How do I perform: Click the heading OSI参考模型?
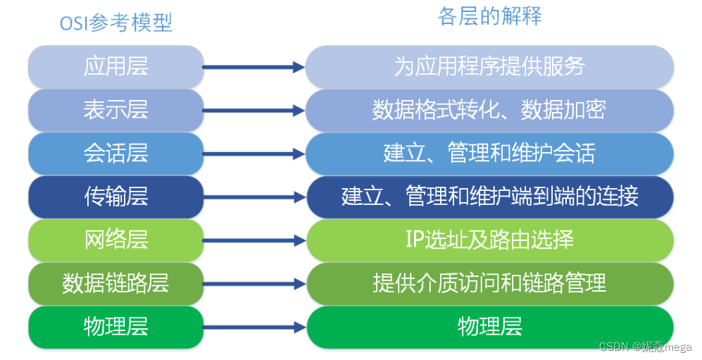click(x=116, y=23)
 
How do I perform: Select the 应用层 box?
click(x=116, y=67)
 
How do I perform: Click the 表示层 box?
click(x=116, y=110)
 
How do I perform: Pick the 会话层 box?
click(x=116, y=153)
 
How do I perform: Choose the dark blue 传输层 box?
click(x=116, y=197)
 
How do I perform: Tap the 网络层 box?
click(x=116, y=240)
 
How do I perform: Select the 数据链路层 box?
click(x=116, y=283)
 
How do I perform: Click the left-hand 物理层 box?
click(x=116, y=326)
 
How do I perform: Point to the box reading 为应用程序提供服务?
click(x=490, y=67)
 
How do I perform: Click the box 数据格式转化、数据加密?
click(x=490, y=110)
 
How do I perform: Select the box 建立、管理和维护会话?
click(x=490, y=153)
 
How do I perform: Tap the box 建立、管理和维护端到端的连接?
click(x=490, y=197)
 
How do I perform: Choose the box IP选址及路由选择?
click(x=490, y=240)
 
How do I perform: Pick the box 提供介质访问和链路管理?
click(x=490, y=283)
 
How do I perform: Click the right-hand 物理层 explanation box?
click(x=490, y=326)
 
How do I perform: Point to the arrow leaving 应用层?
click(x=253, y=68)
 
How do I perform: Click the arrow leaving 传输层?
click(x=253, y=197)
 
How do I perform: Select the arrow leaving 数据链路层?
click(x=253, y=284)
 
